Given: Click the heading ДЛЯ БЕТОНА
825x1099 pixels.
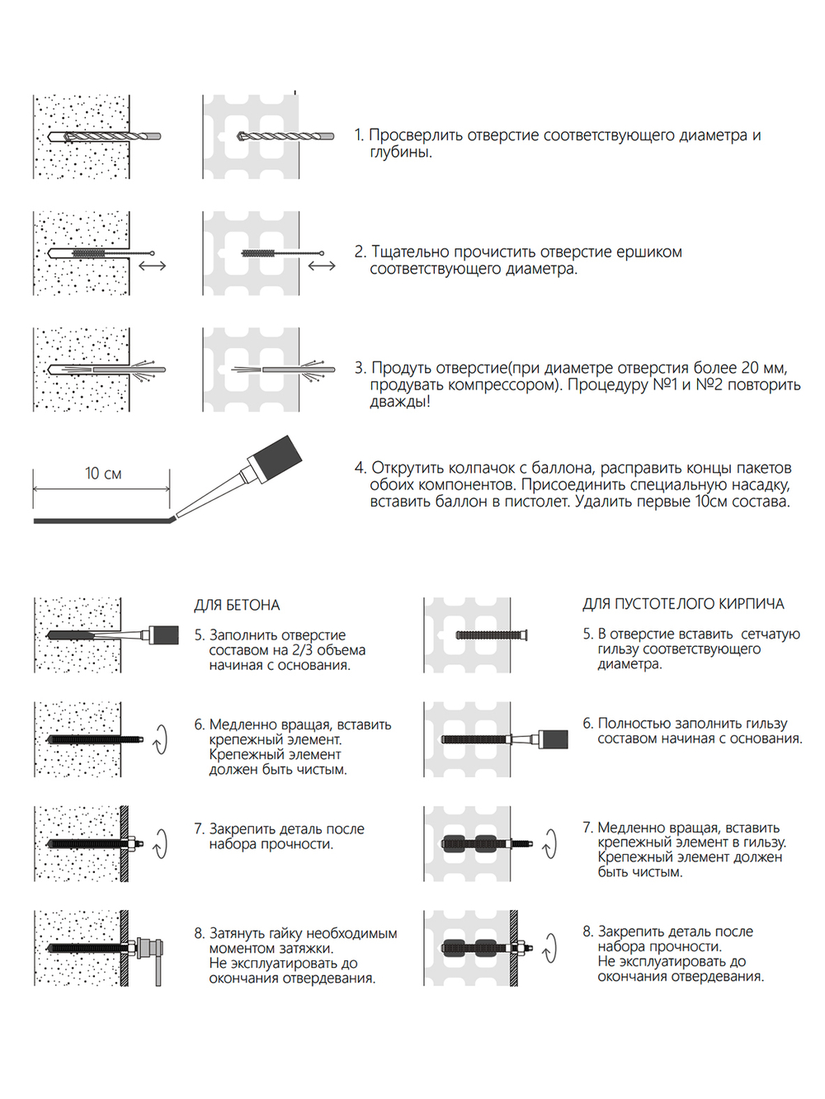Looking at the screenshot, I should (237, 605).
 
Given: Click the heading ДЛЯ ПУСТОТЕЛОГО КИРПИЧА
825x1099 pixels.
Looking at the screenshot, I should (683, 604).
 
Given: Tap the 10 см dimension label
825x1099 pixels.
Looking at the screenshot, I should (103, 474).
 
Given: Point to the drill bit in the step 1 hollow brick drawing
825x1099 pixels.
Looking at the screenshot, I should (285, 136).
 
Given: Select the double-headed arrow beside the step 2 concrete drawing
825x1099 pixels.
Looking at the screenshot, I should (153, 266).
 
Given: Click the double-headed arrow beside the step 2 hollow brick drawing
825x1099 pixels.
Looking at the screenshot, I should (322, 266).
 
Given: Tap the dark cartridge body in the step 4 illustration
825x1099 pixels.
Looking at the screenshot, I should (276, 460).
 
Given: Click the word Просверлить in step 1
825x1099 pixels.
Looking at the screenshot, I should (416, 135).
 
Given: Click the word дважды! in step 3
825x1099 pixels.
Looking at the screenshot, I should (399, 402).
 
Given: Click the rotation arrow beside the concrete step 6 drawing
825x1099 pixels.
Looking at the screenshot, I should (160, 739).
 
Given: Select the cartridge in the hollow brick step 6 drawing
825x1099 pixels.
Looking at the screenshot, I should (554, 738).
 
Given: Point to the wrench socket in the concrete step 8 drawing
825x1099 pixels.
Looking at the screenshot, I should (148, 948).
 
